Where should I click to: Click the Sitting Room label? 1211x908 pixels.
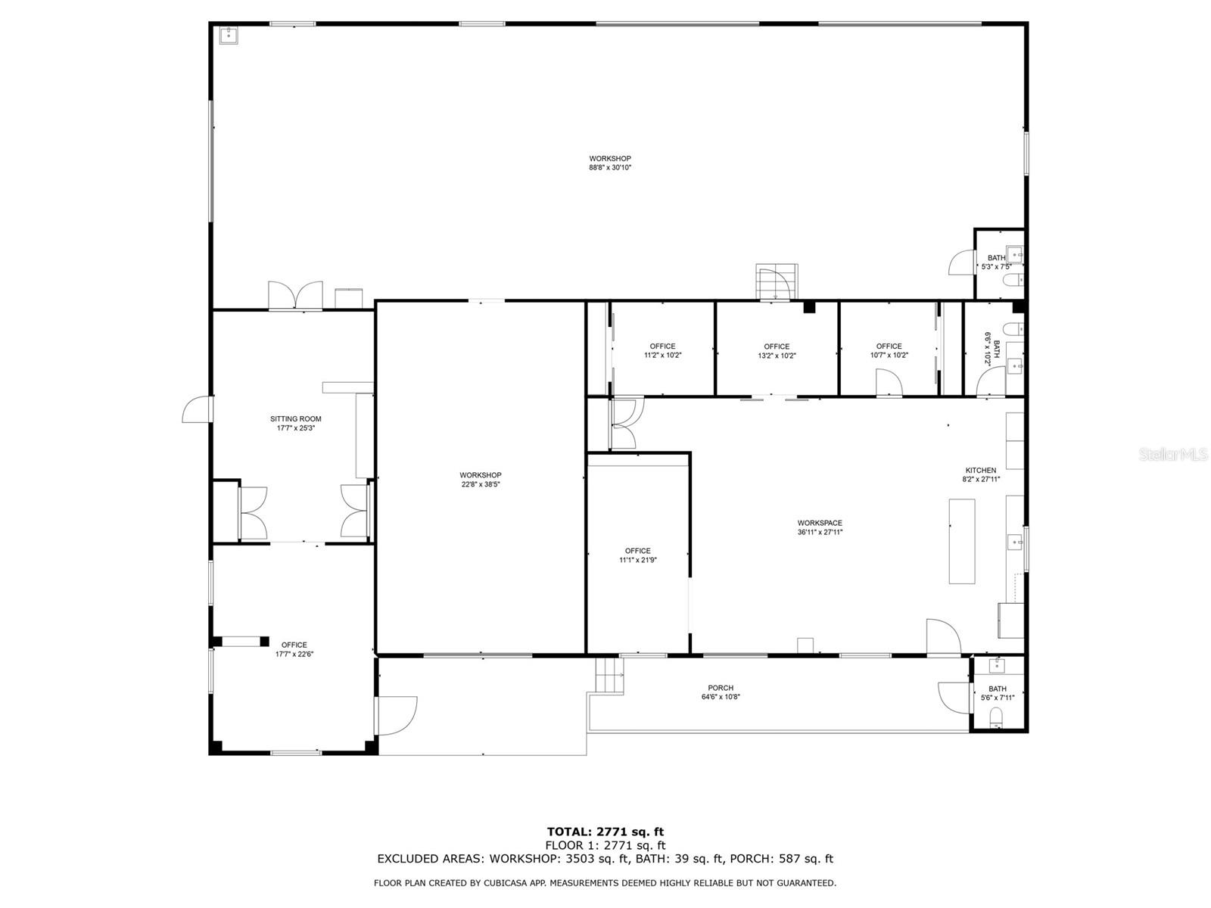295,419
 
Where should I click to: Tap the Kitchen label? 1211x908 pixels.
980,470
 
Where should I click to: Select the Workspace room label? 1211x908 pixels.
819,523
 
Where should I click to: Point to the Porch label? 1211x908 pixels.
721,688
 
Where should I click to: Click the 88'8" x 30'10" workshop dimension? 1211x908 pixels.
609,167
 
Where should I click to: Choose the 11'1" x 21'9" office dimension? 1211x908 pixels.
638,560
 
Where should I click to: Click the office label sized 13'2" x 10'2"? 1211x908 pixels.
777,347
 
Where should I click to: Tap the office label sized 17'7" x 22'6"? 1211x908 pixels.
294,645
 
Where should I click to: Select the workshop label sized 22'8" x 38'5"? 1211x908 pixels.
481,475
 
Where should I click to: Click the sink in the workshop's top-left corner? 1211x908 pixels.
229,35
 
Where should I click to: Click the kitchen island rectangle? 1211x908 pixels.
962,541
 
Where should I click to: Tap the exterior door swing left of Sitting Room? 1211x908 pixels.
197,409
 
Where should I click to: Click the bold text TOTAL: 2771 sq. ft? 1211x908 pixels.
605,832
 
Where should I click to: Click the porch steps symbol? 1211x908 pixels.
609,676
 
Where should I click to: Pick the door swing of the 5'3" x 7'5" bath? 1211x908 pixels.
961,263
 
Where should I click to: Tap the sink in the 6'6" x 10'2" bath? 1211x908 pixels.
1015,365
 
